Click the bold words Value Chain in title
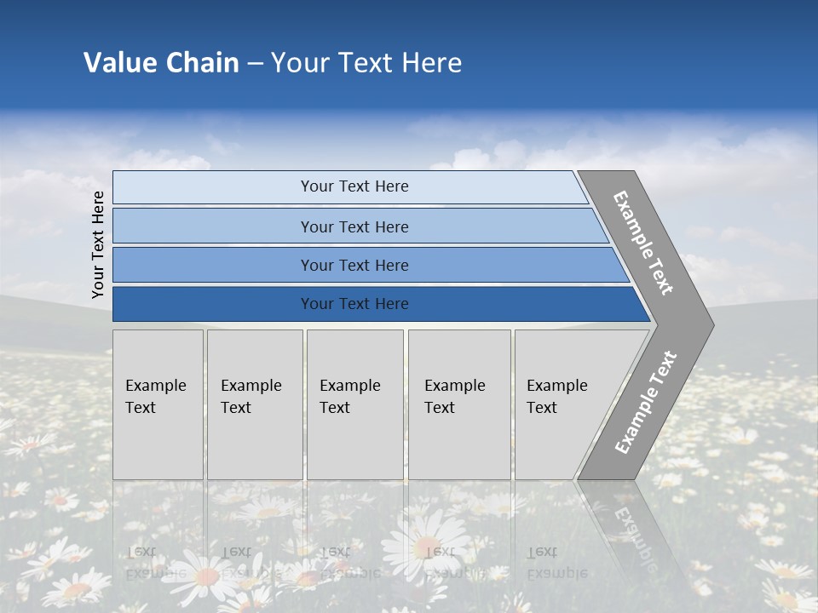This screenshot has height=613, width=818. coord(161,63)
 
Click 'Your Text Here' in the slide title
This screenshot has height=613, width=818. coord(366,63)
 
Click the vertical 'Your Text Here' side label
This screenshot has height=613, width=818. coord(99,244)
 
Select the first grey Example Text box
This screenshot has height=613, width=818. coord(158,404)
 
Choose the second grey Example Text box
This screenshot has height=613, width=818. coord(255,404)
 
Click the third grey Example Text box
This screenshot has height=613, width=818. coord(354,404)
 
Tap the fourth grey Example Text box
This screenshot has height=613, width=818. coord(459,404)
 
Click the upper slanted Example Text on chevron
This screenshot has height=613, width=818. coord(643,243)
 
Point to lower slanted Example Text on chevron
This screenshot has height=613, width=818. coord(646,402)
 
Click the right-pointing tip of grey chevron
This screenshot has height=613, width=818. coord(708,325)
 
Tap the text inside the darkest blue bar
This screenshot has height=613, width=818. coord(354,304)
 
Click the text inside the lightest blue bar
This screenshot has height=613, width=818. coord(354,186)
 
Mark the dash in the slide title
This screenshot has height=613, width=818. coord(255,63)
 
